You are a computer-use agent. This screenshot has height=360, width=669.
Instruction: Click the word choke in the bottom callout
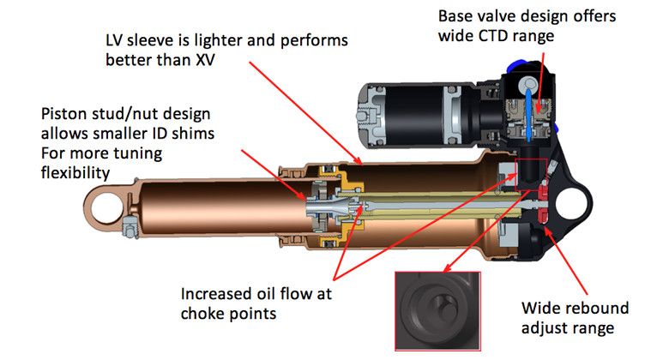(202, 313)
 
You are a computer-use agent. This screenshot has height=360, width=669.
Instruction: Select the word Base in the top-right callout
(455, 16)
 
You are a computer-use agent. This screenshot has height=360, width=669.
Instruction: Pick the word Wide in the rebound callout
(542, 308)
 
